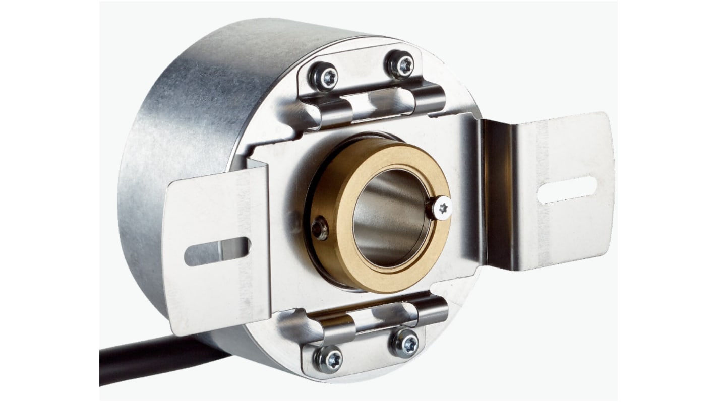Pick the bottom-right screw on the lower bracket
pos(406,344)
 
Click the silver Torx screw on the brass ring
pos(441,207)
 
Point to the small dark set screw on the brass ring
pos(319,229)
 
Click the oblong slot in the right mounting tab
pos(567,190)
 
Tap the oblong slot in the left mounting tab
pos(217,251)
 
